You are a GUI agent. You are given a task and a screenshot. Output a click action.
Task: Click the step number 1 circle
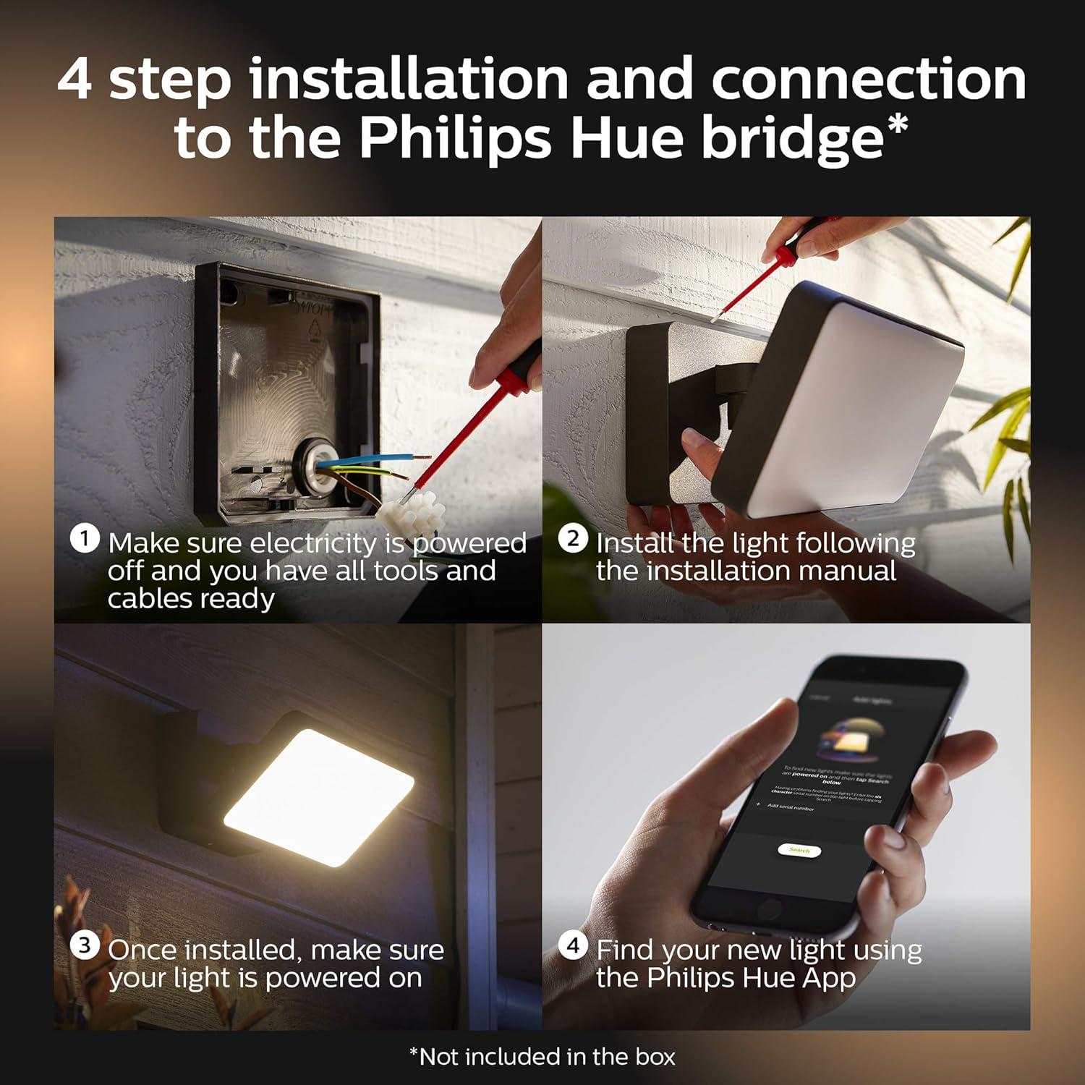[x=85, y=539]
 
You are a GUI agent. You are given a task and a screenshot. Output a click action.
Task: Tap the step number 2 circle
[x=573, y=539]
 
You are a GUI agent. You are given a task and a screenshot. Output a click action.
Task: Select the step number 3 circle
[x=85, y=945]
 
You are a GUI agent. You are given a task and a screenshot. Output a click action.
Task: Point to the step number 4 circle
[x=573, y=945]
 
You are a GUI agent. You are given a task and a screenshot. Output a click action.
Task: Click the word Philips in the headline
[x=455, y=137]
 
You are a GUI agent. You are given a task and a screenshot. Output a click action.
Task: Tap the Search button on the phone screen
[x=799, y=850]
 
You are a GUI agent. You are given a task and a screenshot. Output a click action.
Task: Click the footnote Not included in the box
[x=542, y=1057]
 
